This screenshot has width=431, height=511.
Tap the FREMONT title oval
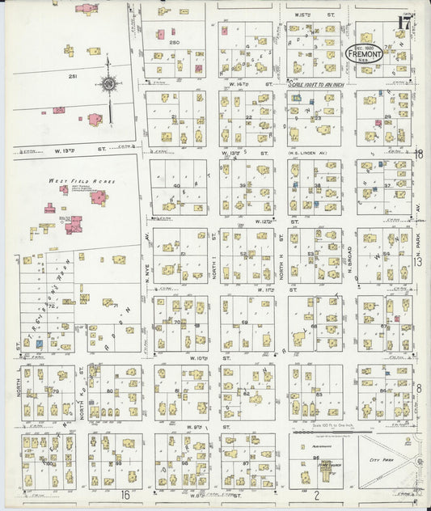(x=366, y=52)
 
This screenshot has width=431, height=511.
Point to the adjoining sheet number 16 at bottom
(x=125, y=494)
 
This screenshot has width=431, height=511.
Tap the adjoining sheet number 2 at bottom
(x=318, y=494)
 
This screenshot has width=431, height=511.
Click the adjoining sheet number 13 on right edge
(x=419, y=261)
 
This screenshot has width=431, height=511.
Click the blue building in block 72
(x=38, y=344)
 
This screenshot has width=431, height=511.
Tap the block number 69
(x=243, y=323)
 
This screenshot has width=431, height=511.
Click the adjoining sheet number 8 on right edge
(x=419, y=388)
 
